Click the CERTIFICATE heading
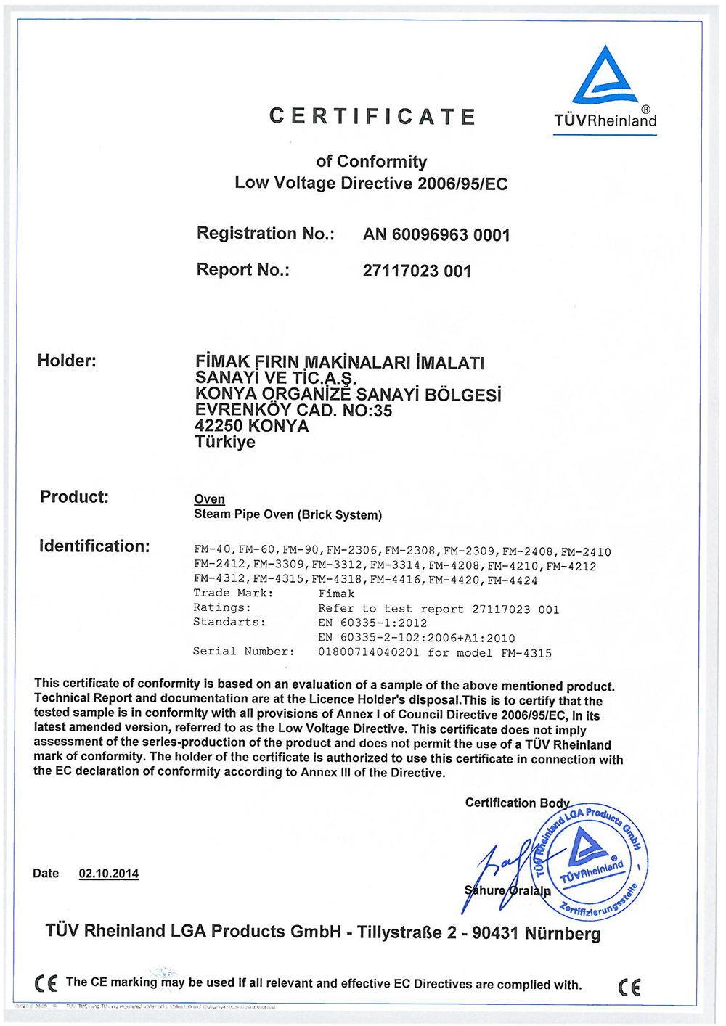point(372,117)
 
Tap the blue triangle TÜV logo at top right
point(605,75)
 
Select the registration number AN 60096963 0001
point(436,235)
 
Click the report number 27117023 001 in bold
point(417,271)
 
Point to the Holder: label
point(67,361)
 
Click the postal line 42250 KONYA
point(252,427)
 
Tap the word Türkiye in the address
point(225,442)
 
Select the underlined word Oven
point(209,499)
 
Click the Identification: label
point(94,546)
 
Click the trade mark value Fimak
point(336,594)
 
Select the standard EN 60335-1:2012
point(372,623)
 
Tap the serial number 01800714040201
point(368,652)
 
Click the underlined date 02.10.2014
point(109,874)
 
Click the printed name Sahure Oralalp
point(507,890)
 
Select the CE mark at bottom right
point(629,987)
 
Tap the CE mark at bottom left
point(46,983)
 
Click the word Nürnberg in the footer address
point(563,933)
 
